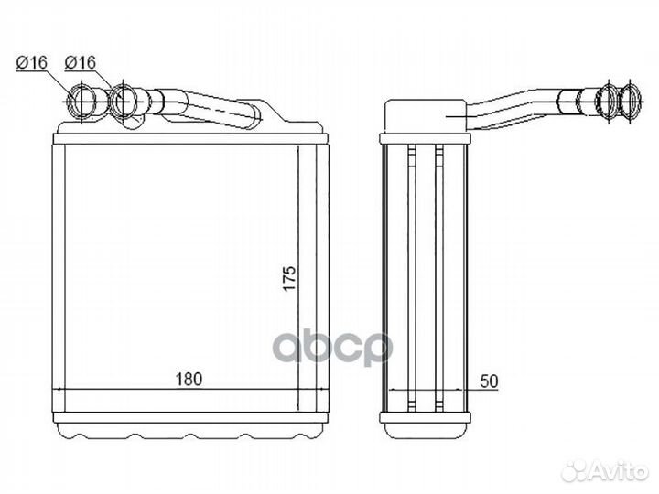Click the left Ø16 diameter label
pos(31,62)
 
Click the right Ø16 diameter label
pos(81,62)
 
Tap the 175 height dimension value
pos(289,278)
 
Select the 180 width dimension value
pos(189,379)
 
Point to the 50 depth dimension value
pos(489,381)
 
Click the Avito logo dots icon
pos(577,472)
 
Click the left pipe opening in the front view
pos(82,102)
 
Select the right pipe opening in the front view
pos(124,102)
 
